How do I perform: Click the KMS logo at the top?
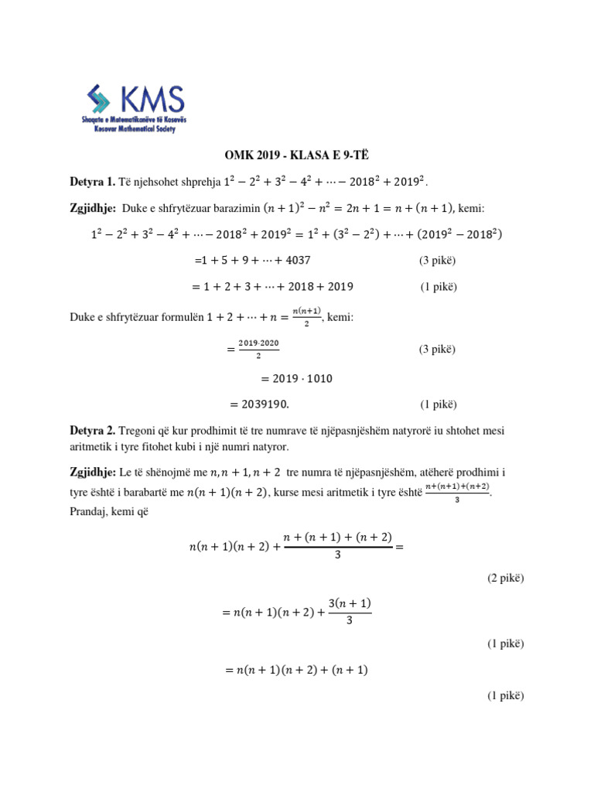coord(136,108)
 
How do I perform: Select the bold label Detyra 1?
coord(93,183)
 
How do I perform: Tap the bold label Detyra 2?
coord(93,430)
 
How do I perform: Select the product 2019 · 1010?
coord(297,379)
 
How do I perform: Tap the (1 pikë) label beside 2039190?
coord(439,404)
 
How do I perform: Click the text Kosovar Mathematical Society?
coord(129,129)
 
